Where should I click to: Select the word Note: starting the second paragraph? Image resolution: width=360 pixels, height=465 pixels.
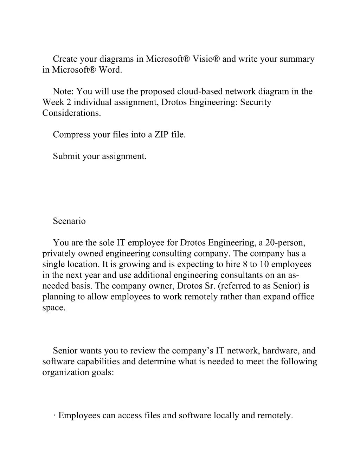click(63, 92)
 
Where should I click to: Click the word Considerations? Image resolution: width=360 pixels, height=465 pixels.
click(71, 113)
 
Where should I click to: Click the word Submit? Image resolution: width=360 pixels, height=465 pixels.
click(66, 157)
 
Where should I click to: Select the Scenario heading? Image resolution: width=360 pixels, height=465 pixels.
click(69, 221)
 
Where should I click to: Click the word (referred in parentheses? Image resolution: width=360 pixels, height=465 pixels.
click(233, 286)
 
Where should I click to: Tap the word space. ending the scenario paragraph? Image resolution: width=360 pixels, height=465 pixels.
click(54, 308)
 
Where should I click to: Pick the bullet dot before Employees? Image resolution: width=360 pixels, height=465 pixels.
click(54, 416)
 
